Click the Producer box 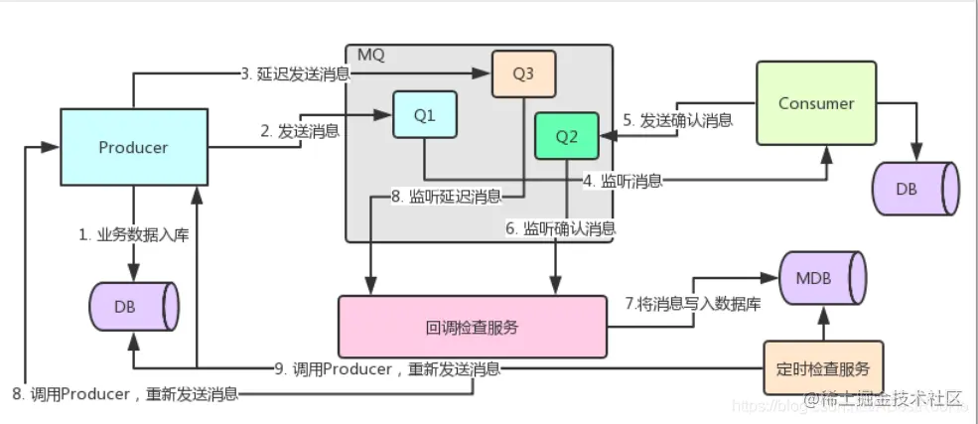pos(134,147)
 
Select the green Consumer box pos(816,103)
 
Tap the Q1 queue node pos(425,115)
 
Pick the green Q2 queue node pos(566,137)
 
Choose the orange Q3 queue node pos(523,72)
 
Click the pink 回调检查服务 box pos(472,327)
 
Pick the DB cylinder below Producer pos(131,306)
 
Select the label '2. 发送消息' pos(299,129)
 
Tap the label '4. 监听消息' pos(622,180)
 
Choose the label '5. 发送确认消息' pos(678,120)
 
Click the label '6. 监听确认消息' pos(561,227)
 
